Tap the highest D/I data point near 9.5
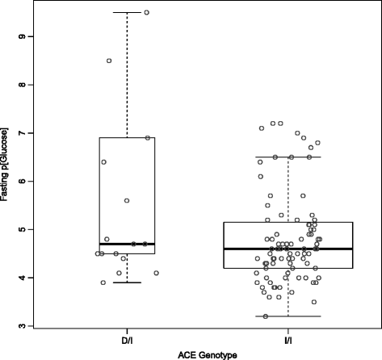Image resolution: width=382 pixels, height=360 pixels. pyautogui.click(x=146, y=12)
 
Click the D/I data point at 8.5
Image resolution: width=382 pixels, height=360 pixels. pyautogui.click(x=109, y=61)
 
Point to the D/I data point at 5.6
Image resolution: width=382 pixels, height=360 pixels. pyautogui.click(x=127, y=200)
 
